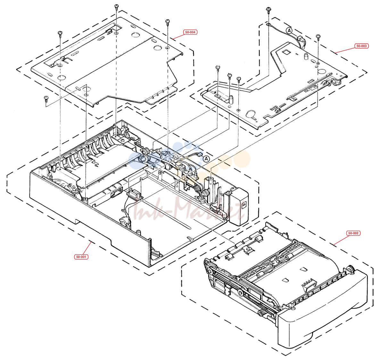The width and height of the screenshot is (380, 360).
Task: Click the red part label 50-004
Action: [190, 32]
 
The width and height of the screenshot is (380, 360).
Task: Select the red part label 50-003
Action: [361, 46]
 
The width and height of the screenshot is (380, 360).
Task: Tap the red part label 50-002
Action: [353, 233]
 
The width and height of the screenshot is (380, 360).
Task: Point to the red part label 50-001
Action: [81, 257]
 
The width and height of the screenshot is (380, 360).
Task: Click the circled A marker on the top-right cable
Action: [289, 31]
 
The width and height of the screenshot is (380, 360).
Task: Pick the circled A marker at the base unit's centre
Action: [206, 159]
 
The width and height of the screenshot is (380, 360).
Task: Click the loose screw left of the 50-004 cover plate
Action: [46, 99]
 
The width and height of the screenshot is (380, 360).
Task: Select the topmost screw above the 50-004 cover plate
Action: [117, 6]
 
